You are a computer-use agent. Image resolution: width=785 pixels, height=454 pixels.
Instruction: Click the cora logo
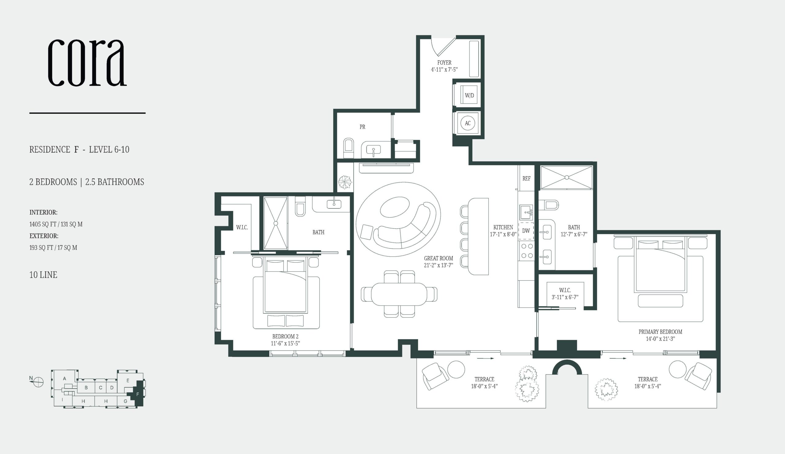click(87, 62)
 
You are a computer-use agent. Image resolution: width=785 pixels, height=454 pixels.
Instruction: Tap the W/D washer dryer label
click(469, 95)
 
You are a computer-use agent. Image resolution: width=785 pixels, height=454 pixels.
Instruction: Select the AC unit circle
click(467, 123)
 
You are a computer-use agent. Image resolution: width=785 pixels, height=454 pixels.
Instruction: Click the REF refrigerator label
click(526, 178)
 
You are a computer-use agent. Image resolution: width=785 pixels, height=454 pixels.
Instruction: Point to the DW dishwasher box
click(526, 231)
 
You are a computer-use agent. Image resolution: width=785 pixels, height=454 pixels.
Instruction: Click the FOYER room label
click(444, 63)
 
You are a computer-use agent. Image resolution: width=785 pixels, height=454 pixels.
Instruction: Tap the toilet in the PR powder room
click(348, 148)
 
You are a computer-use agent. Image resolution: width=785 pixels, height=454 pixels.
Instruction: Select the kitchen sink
click(526, 212)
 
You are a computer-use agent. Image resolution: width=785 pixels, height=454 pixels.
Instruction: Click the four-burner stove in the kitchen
click(526, 251)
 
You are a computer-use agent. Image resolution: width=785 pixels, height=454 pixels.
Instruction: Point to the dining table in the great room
click(399, 294)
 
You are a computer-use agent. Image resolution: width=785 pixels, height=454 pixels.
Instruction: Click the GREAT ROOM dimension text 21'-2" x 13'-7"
click(438, 265)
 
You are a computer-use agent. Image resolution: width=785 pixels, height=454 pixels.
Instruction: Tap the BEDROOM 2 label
click(285, 336)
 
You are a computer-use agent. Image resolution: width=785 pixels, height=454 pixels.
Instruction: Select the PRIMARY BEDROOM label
click(660, 332)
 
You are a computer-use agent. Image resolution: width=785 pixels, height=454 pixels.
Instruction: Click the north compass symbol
click(38, 381)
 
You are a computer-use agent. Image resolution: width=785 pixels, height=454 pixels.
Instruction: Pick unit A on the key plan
click(64, 378)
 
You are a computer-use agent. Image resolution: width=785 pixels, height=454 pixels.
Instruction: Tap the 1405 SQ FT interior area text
click(56, 224)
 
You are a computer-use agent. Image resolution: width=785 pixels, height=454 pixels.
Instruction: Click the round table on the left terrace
click(456, 370)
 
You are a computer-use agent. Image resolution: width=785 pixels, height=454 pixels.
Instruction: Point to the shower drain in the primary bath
click(567, 177)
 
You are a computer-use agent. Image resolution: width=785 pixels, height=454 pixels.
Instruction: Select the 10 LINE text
click(43, 275)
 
